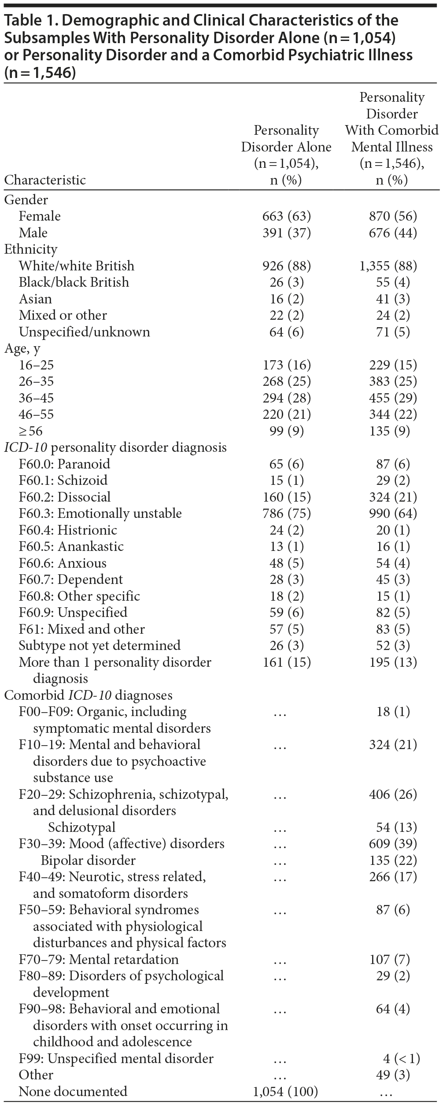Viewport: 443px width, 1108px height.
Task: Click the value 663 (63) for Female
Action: (x=286, y=216)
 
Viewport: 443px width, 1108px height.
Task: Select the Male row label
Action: (x=33, y=233)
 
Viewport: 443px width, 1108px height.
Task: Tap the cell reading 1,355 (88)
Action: (x=388, y=266)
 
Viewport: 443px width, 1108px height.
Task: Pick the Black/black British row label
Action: (x=74, y=282)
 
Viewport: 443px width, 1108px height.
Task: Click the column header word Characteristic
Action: (x=45, y=180)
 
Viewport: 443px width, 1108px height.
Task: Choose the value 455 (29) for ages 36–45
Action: (x=393, y=398)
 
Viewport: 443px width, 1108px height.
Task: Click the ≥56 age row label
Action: (x=30, y=431)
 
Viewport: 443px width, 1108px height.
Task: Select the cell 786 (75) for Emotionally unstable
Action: (x=286, y=513)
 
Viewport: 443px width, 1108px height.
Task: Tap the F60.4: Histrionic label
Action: (x=68, y=530)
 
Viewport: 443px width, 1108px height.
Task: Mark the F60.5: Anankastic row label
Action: (x=71, y=547)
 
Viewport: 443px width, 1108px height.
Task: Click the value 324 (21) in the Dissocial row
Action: (x=393, y=497)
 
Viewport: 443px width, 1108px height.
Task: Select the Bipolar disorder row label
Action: (x=88, y=860)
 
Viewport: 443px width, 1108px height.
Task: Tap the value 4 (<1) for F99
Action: (x=401, y=1058)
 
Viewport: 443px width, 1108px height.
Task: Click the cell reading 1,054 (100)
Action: (x=285, y=1091)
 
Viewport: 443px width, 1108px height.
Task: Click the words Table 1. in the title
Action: (x=26, y=21)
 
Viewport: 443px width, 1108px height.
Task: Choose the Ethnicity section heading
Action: (x=31, y=249)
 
